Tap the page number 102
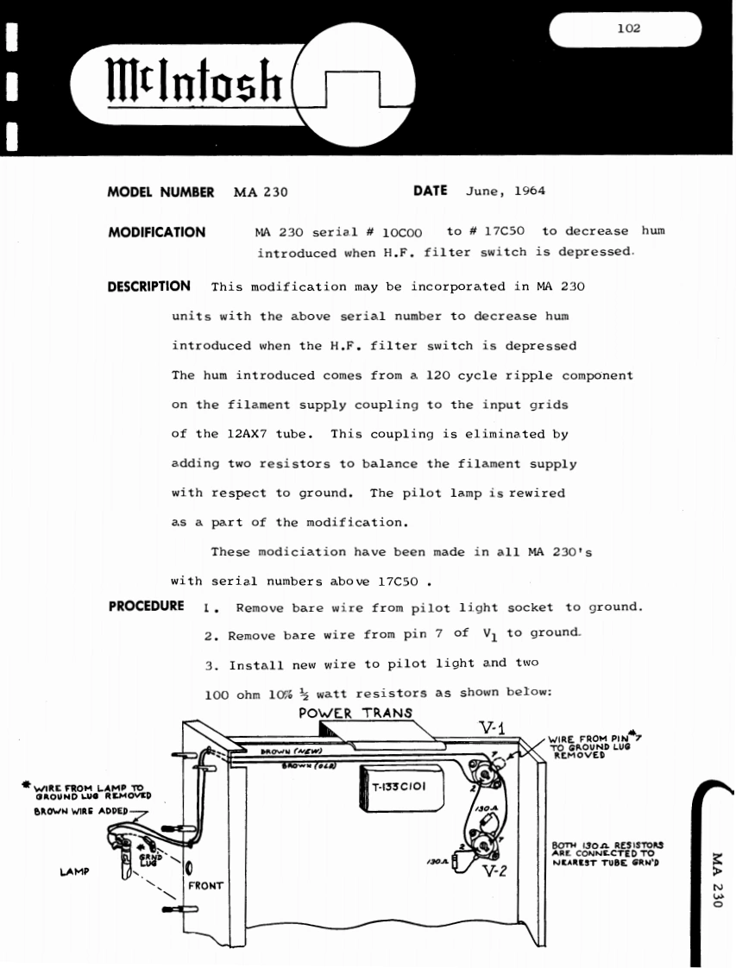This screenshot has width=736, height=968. tap(629, 28)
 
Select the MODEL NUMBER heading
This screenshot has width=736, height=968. tap(160, 192)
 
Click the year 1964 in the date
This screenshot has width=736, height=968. tap(529, 192)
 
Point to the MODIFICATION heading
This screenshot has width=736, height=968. tap(157, 232)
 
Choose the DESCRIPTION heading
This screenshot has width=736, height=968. tap(149, 286)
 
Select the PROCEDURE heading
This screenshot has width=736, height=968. tap(147, 606)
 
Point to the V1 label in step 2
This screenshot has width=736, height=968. tap(489, 634)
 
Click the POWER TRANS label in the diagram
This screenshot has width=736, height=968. tap(355, 713)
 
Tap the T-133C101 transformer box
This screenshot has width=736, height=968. tap(397, 787)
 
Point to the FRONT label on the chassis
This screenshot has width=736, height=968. tap(206, 885)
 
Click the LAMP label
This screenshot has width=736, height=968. tap(75, 872)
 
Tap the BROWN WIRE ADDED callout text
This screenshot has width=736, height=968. tap(80, 811)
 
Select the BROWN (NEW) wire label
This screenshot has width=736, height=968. tap(280, 752)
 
